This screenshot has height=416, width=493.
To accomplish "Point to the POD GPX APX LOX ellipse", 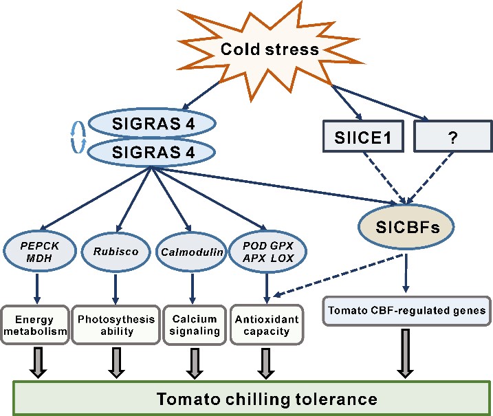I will coord(266,251).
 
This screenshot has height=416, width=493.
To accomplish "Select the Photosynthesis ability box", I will coord(113,325).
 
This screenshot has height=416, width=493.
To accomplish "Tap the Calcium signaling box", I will coord(193,325).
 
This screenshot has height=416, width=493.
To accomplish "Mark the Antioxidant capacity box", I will coord(266,325).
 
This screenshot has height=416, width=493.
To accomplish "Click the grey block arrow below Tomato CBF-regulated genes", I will coord(405,353).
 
